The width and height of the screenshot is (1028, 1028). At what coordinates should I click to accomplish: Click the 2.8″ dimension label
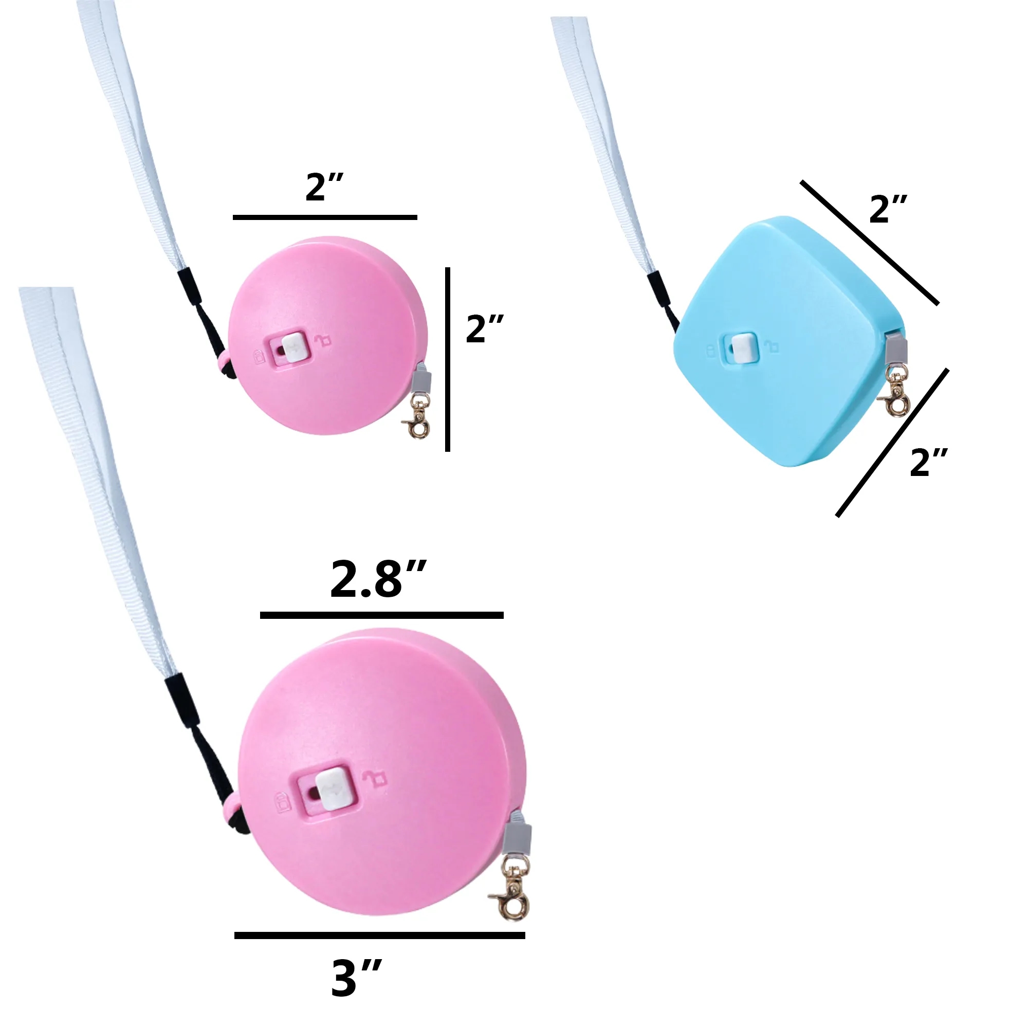coord(378,579)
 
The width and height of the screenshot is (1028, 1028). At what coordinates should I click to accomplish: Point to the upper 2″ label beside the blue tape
coord(888,209)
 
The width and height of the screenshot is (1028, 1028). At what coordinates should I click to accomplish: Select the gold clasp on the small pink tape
coord(417,419)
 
